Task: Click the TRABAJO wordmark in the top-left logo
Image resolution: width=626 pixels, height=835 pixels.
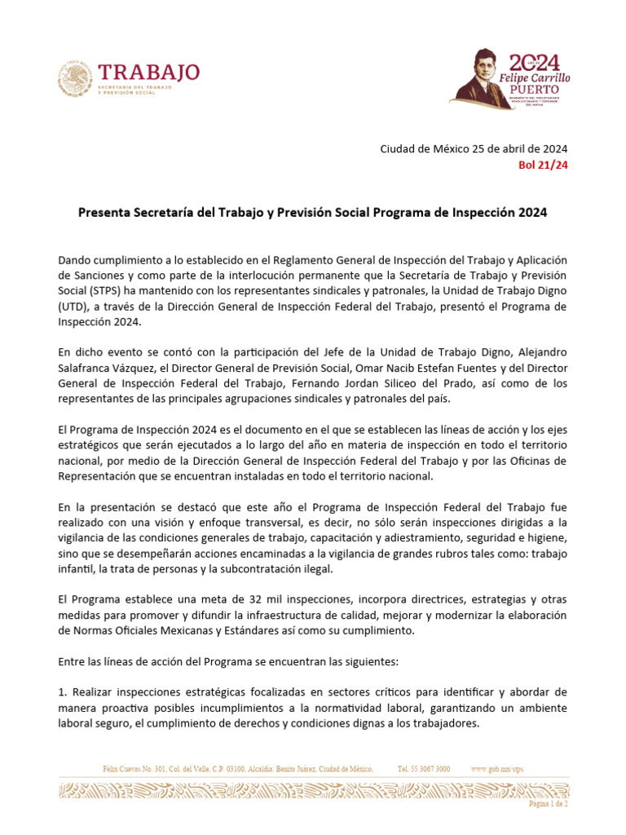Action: (148, 72)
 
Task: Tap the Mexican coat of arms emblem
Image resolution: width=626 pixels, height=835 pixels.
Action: (75, 81)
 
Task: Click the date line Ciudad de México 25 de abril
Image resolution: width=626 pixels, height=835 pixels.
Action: (474, 148)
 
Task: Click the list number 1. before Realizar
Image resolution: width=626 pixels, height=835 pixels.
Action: (63, 692)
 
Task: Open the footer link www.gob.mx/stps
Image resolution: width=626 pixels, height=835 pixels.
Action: (497, 769)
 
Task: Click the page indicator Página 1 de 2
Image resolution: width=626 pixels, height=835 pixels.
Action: (548, 803)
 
